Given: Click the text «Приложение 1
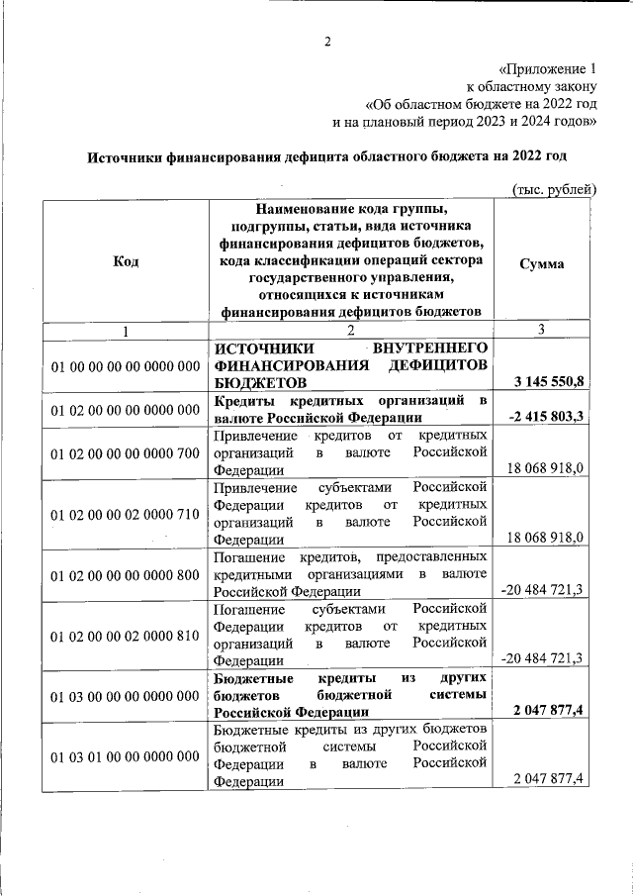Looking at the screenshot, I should [x=548, y=69].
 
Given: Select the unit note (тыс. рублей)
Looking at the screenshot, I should [x=554, y=188].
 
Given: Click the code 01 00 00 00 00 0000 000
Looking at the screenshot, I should [x=126, y=366].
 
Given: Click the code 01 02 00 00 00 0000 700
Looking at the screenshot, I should [x=126, y=453].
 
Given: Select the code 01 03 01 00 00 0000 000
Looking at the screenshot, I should [x=126, y=756].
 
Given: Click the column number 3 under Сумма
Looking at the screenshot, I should [x=540, y=330].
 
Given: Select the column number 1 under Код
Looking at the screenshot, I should [x=126, y=330].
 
